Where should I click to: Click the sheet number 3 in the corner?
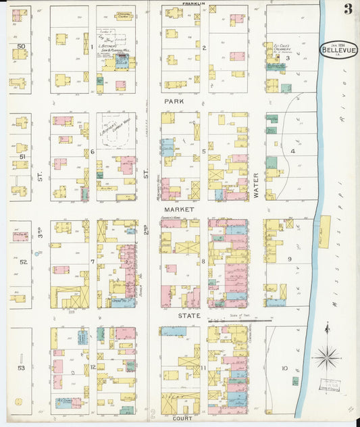(347, 9)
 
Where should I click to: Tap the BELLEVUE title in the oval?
(338, 50)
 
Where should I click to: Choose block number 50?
(22, 47)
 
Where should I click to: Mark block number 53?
(21, 368)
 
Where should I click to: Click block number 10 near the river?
(284, 368)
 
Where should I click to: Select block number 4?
(292, 151)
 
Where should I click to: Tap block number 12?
(93, 367)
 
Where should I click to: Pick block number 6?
(93, 151)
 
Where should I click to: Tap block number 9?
(288, 258)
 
